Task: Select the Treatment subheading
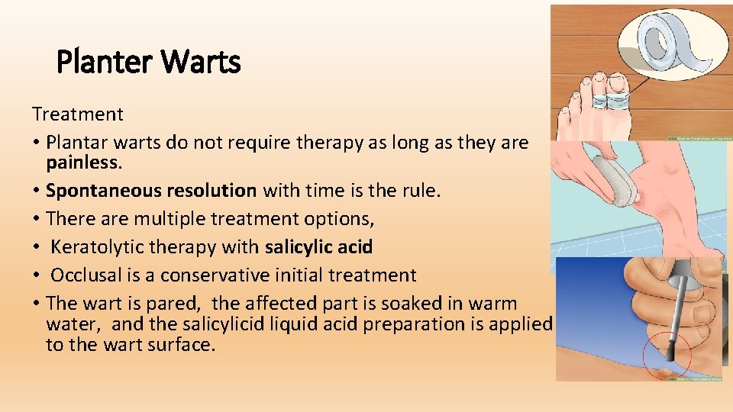point(77,114)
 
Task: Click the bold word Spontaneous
point(93,190)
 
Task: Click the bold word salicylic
point(298,247)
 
